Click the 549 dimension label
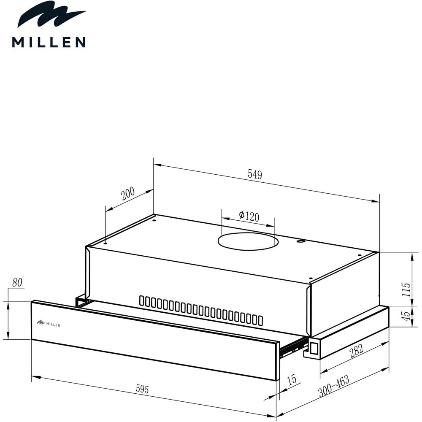[254, 174]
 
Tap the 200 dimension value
[128, 194]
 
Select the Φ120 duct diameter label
[249, 216]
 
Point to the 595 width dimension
[142, 389]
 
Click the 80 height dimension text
[17, 283]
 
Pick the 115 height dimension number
[406, 289]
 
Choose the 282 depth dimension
[357, 351]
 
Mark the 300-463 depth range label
[334, 386]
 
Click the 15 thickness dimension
[292, 379]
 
